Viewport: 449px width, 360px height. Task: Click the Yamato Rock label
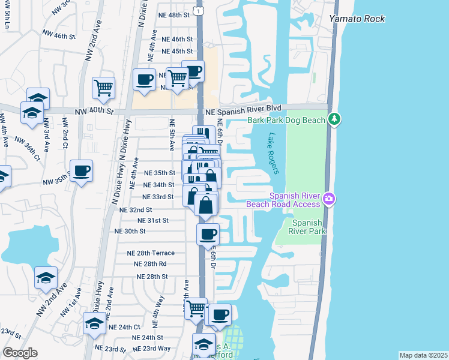[x=357, y=19]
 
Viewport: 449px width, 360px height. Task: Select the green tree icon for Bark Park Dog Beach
[x=334, y=120]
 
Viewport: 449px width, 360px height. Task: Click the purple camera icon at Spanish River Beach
[x=328, y=199]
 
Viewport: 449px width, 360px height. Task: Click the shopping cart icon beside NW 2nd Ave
[x=103, y=88]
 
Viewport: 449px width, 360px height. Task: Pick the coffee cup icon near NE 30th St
[x=208, y=234]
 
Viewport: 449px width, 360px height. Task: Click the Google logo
[x=20, y=353]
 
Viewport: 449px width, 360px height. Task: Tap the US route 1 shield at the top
[x=199, y=11]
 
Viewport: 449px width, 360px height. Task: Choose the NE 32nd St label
[x=136, y=210]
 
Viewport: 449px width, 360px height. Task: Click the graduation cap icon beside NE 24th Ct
[x=94, y=323]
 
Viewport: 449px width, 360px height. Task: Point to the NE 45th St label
[x=173, y=51]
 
